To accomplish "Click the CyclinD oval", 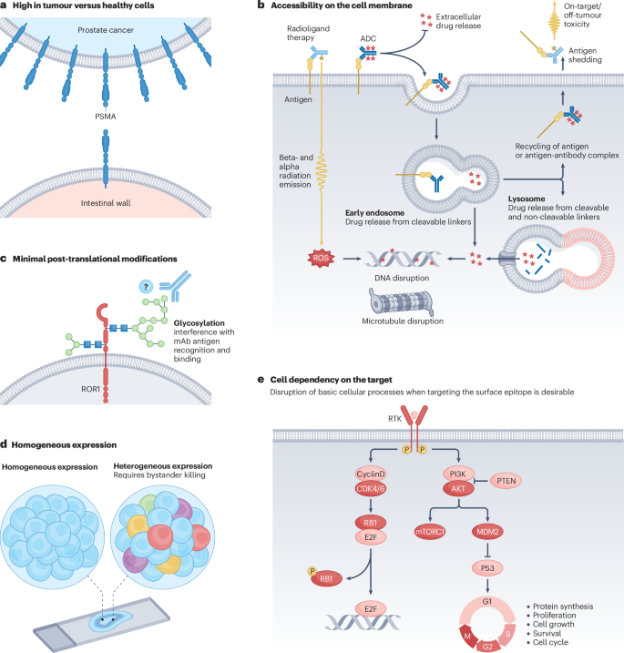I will (x=373, y=474).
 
